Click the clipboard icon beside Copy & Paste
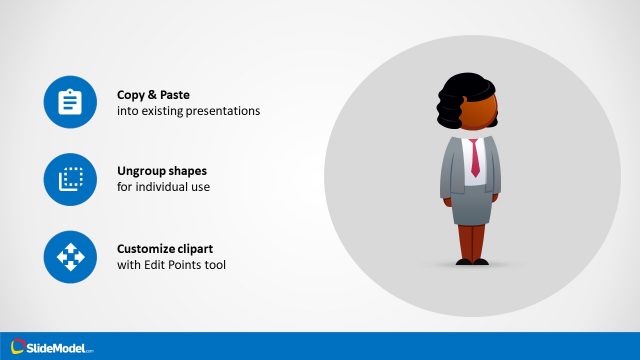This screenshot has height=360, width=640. click(69, 102)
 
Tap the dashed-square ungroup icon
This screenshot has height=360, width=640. click(69, 179)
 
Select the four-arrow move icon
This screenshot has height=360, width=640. click(69, 257)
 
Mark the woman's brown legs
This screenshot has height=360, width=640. click(473, 240)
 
